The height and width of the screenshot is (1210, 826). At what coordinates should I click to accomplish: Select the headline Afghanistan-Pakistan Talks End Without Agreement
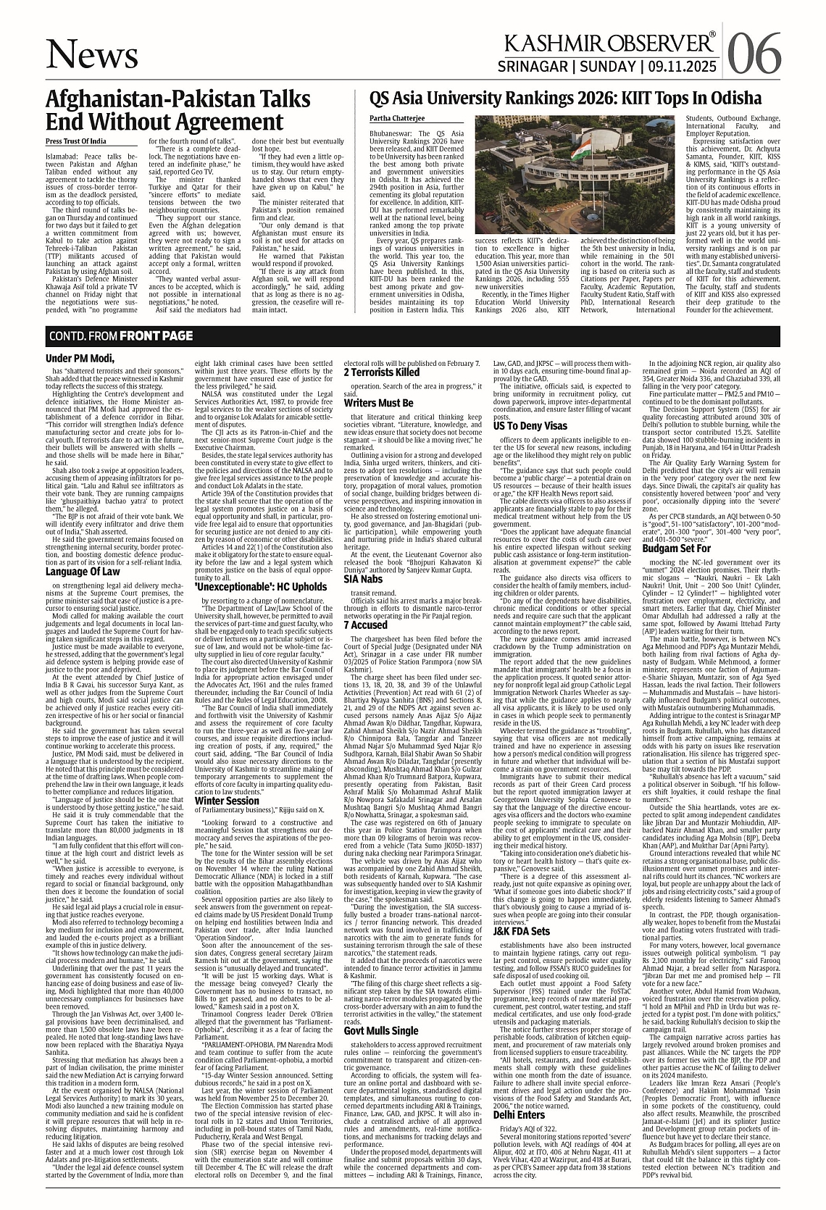178,110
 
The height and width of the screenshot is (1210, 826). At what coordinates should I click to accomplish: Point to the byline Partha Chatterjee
397,117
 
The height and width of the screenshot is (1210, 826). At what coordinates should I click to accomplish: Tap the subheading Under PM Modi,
80,359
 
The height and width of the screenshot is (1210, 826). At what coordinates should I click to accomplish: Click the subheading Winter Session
227,780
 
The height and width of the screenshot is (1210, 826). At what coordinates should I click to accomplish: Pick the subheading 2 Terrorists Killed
381,372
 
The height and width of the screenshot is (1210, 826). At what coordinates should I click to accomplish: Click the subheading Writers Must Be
378,403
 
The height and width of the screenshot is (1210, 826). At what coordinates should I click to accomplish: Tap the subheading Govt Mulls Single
380,1010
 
